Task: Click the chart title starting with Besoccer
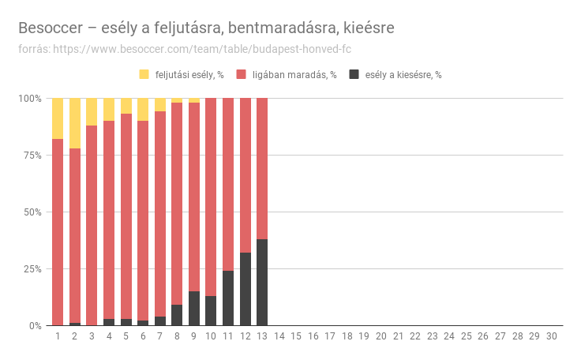coord(206,28)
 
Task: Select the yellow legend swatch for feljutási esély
coord(144,75)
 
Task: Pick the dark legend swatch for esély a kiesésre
coord(354,75)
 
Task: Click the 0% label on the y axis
coord(32,326)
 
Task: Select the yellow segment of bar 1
coord(58,118)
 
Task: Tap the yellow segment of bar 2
coord(75,123)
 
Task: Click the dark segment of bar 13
coord(262,282)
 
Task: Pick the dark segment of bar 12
coord(245,289)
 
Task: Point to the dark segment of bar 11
coord(228,298)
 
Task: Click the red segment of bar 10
coord(211,197)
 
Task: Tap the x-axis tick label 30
coord(551,336)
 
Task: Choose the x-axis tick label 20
coord(381,336)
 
